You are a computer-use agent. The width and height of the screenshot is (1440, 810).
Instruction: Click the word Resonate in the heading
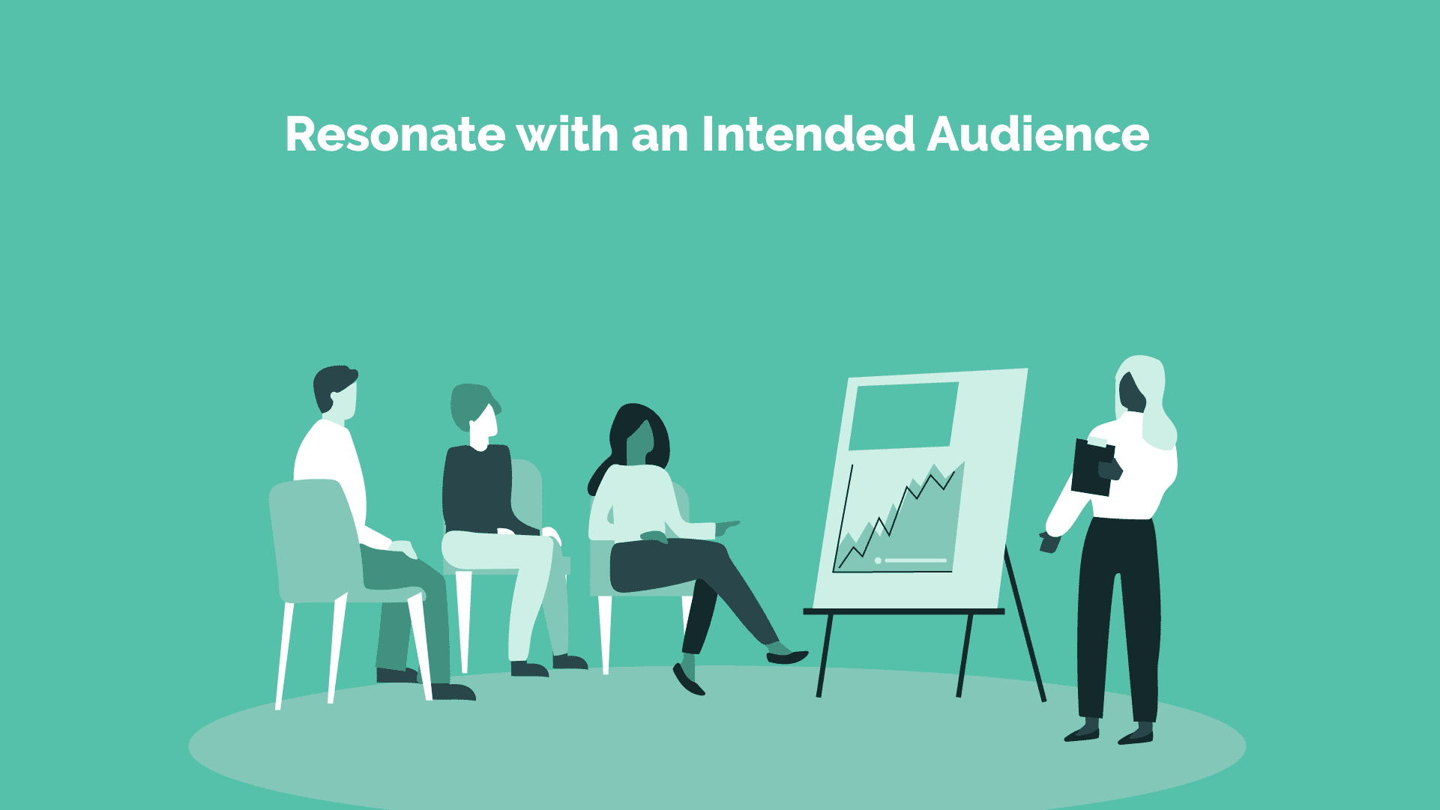coord(395,135)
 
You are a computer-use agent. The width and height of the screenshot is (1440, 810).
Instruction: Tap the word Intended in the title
coord(808,134)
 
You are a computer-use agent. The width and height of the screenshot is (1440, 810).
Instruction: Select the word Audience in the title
coord(1038,134)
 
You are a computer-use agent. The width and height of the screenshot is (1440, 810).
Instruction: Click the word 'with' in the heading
coord(568,134)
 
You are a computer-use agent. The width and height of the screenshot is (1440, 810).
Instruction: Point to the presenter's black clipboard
coord(1092,467)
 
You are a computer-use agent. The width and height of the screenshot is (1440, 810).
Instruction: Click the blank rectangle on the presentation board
coord(903,416)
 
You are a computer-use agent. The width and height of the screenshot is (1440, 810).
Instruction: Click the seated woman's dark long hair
coord(637,438)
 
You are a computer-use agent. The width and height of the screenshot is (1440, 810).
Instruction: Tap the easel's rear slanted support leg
coord(1025,626)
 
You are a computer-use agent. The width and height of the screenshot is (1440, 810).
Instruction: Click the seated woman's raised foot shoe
coord(787,657)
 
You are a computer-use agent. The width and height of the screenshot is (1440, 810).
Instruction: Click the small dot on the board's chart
coord(878,560)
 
